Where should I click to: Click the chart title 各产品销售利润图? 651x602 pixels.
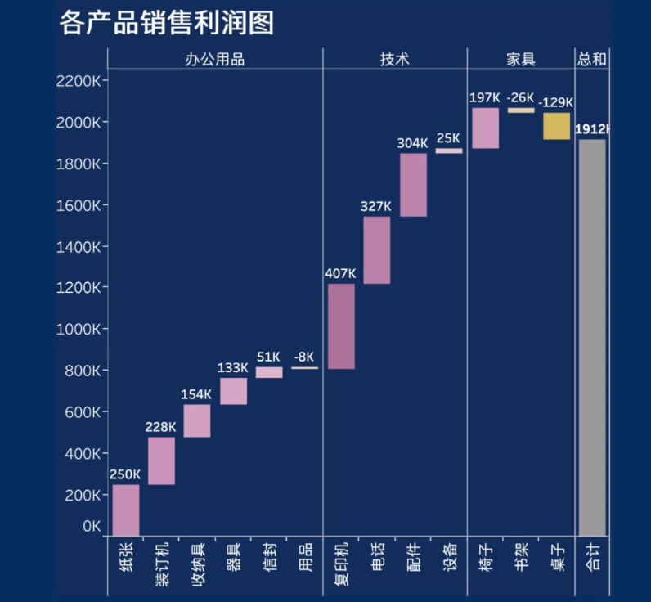point(166,23)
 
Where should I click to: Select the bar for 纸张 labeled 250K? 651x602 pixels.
point(126,510)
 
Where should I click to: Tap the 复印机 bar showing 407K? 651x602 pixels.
point(341,326)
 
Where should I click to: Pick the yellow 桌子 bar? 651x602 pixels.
point(556,126)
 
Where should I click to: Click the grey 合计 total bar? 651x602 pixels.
point(592,337)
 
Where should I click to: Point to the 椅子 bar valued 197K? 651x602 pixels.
point(484,128)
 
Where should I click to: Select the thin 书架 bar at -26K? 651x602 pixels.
point(520,110)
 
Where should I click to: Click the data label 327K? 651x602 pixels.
point(376,207)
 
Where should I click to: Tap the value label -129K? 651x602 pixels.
point(556,103)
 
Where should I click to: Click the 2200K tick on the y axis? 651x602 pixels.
point(79,81)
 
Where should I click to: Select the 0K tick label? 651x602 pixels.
point(92,527)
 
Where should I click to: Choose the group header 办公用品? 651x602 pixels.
point(215,59)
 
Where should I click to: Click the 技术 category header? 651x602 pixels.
point(394,59)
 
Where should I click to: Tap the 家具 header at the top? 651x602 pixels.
point(521,59)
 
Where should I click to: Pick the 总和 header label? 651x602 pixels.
point(592,59)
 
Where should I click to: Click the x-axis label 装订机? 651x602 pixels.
point(162,565)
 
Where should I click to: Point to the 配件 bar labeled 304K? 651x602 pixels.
point(413,185)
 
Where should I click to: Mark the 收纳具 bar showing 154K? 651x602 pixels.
point(197,420)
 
